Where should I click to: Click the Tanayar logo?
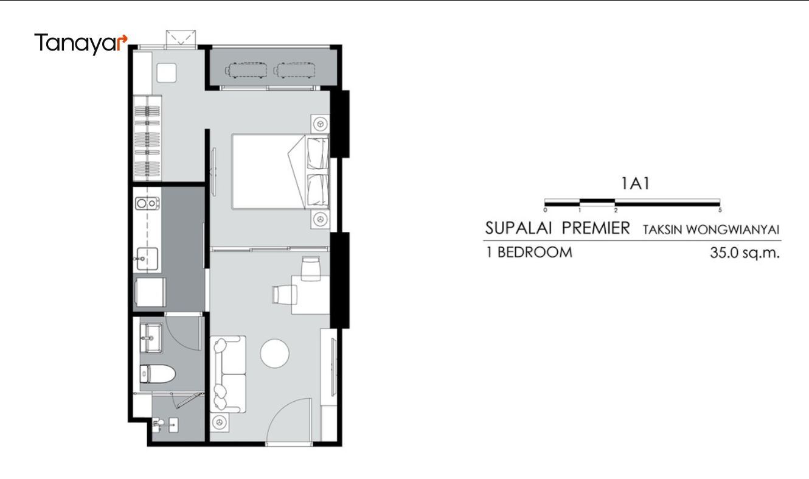[81, 43]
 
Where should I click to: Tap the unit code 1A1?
[635, 183]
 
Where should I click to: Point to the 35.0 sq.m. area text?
[745, 253]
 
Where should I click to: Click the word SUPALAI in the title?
[518, 228]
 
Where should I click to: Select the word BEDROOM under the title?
[535, 253]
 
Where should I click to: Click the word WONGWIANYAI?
[732, 230]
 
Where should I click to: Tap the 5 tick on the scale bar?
[720, 210]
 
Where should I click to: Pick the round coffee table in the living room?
[274, 353]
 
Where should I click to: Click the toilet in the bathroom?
[158, 374]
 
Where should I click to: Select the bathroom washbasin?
[151, 338]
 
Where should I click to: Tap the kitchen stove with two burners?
[147, 203]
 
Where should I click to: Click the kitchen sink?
[147, 259]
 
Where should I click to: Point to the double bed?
[280, 172]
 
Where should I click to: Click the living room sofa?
[228, 374]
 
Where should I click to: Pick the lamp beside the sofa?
[219, 422]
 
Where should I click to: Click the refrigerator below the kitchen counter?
[150, 292]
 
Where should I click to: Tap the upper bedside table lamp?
[321, 124]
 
